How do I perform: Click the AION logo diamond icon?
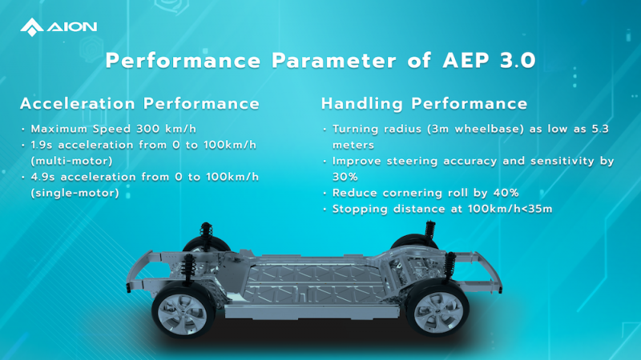coord(32,27)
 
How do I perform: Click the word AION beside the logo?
coord(72,27)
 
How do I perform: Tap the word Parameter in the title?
coord(334,61)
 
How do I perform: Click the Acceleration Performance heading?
coord(139,103)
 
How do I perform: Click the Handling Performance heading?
coord(425,104)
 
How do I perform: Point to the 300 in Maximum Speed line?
coord(148,129)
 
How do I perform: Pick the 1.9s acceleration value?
coord(42,145)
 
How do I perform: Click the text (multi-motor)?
coord(72,161)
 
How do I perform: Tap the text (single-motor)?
coord(75,193)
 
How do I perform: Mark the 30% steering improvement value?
coord(345,177)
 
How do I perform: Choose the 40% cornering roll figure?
coord(506,193)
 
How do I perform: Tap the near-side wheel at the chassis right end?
coord(437,310)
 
